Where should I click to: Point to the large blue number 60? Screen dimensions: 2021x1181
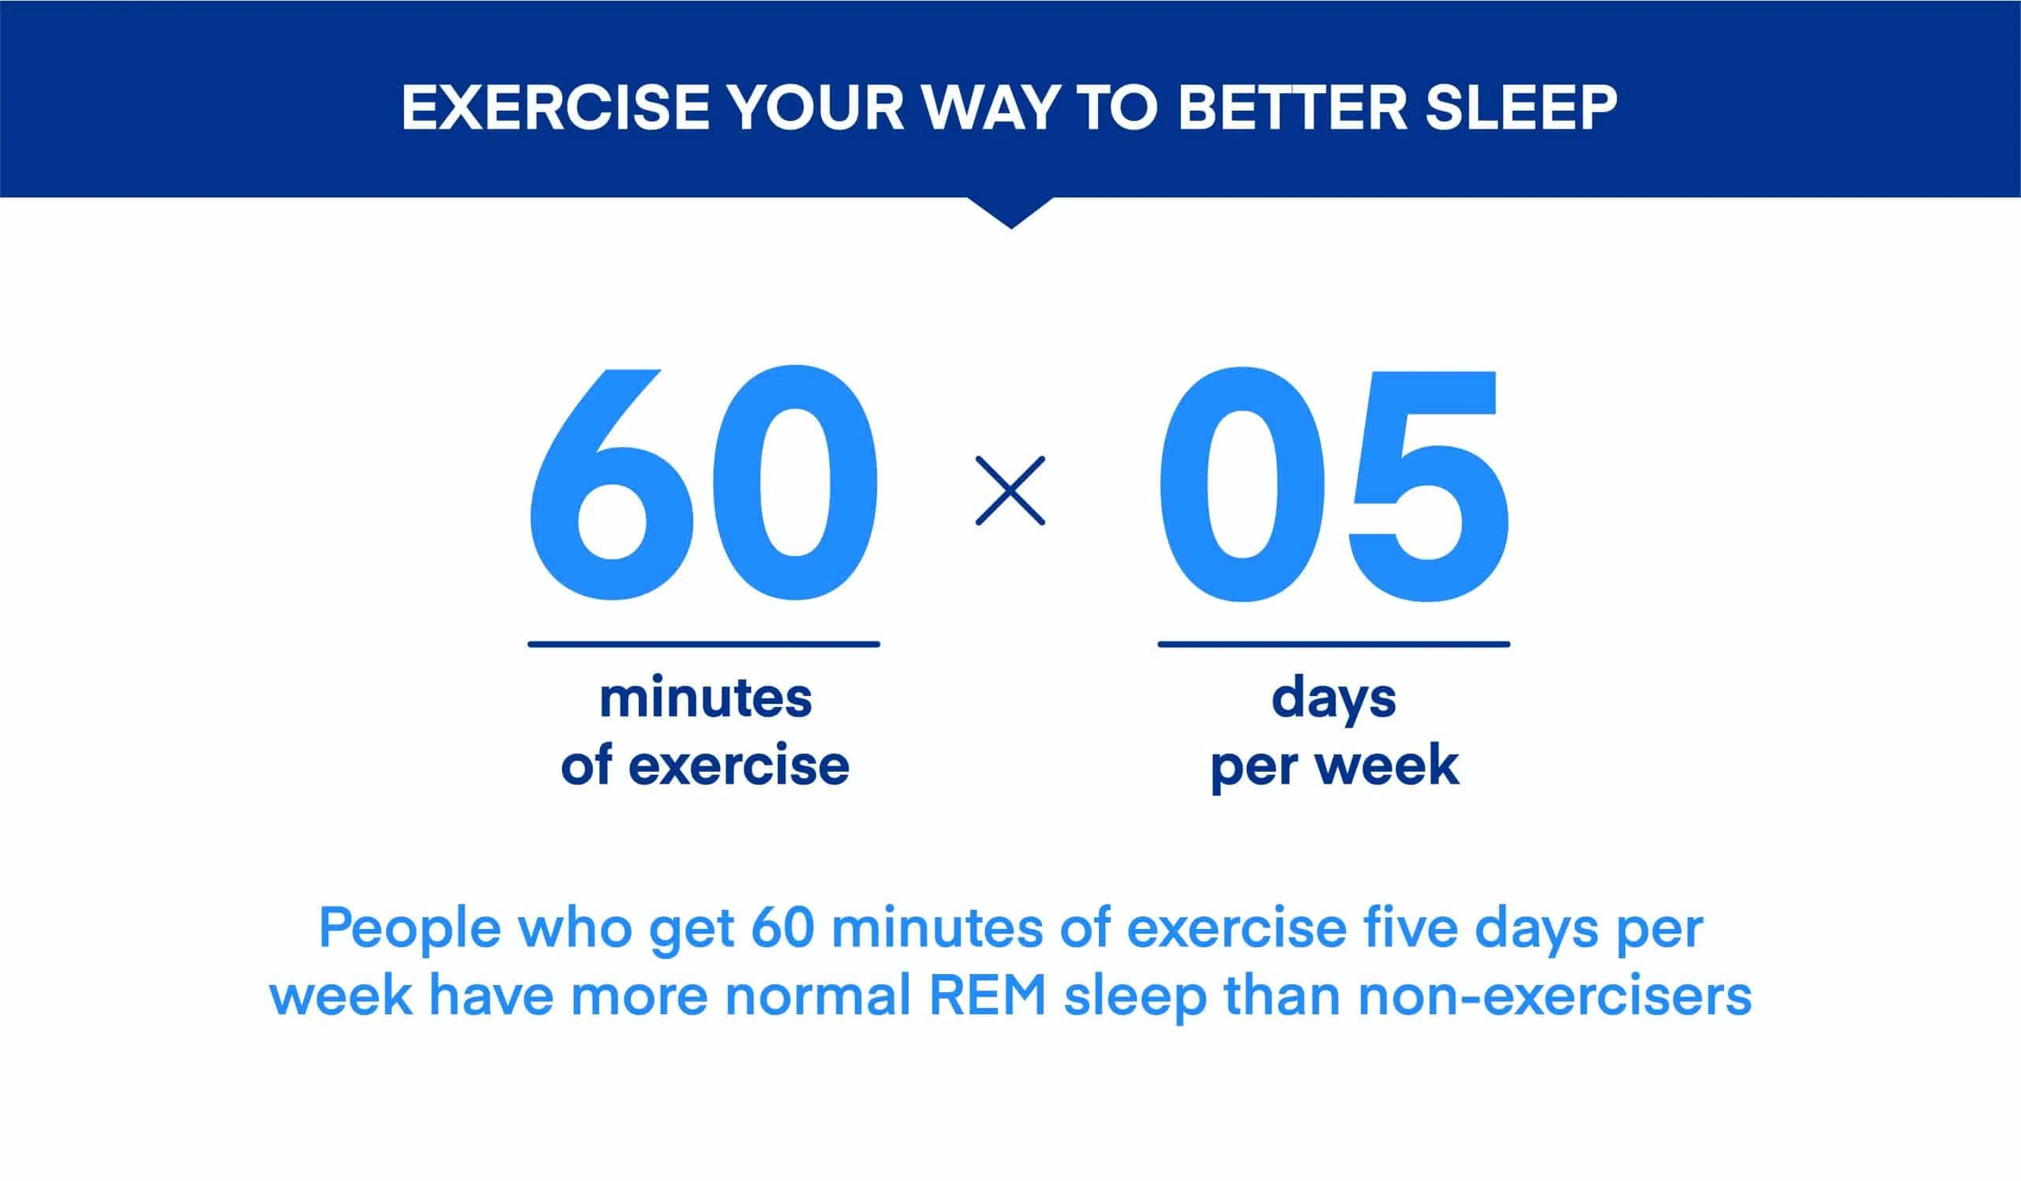coord(703,483)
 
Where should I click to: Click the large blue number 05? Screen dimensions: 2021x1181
coord(1333,483)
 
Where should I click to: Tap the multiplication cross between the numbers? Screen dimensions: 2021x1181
coord(1010,491)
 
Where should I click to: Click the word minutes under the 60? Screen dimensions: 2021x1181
coord(706,698)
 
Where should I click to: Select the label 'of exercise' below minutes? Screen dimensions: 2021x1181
coord(705,765)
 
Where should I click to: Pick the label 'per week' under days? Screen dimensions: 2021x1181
coord(1334,768)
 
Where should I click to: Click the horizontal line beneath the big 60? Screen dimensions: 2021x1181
coord(704,644)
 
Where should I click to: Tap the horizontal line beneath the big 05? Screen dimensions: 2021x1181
coord(1333,644)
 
